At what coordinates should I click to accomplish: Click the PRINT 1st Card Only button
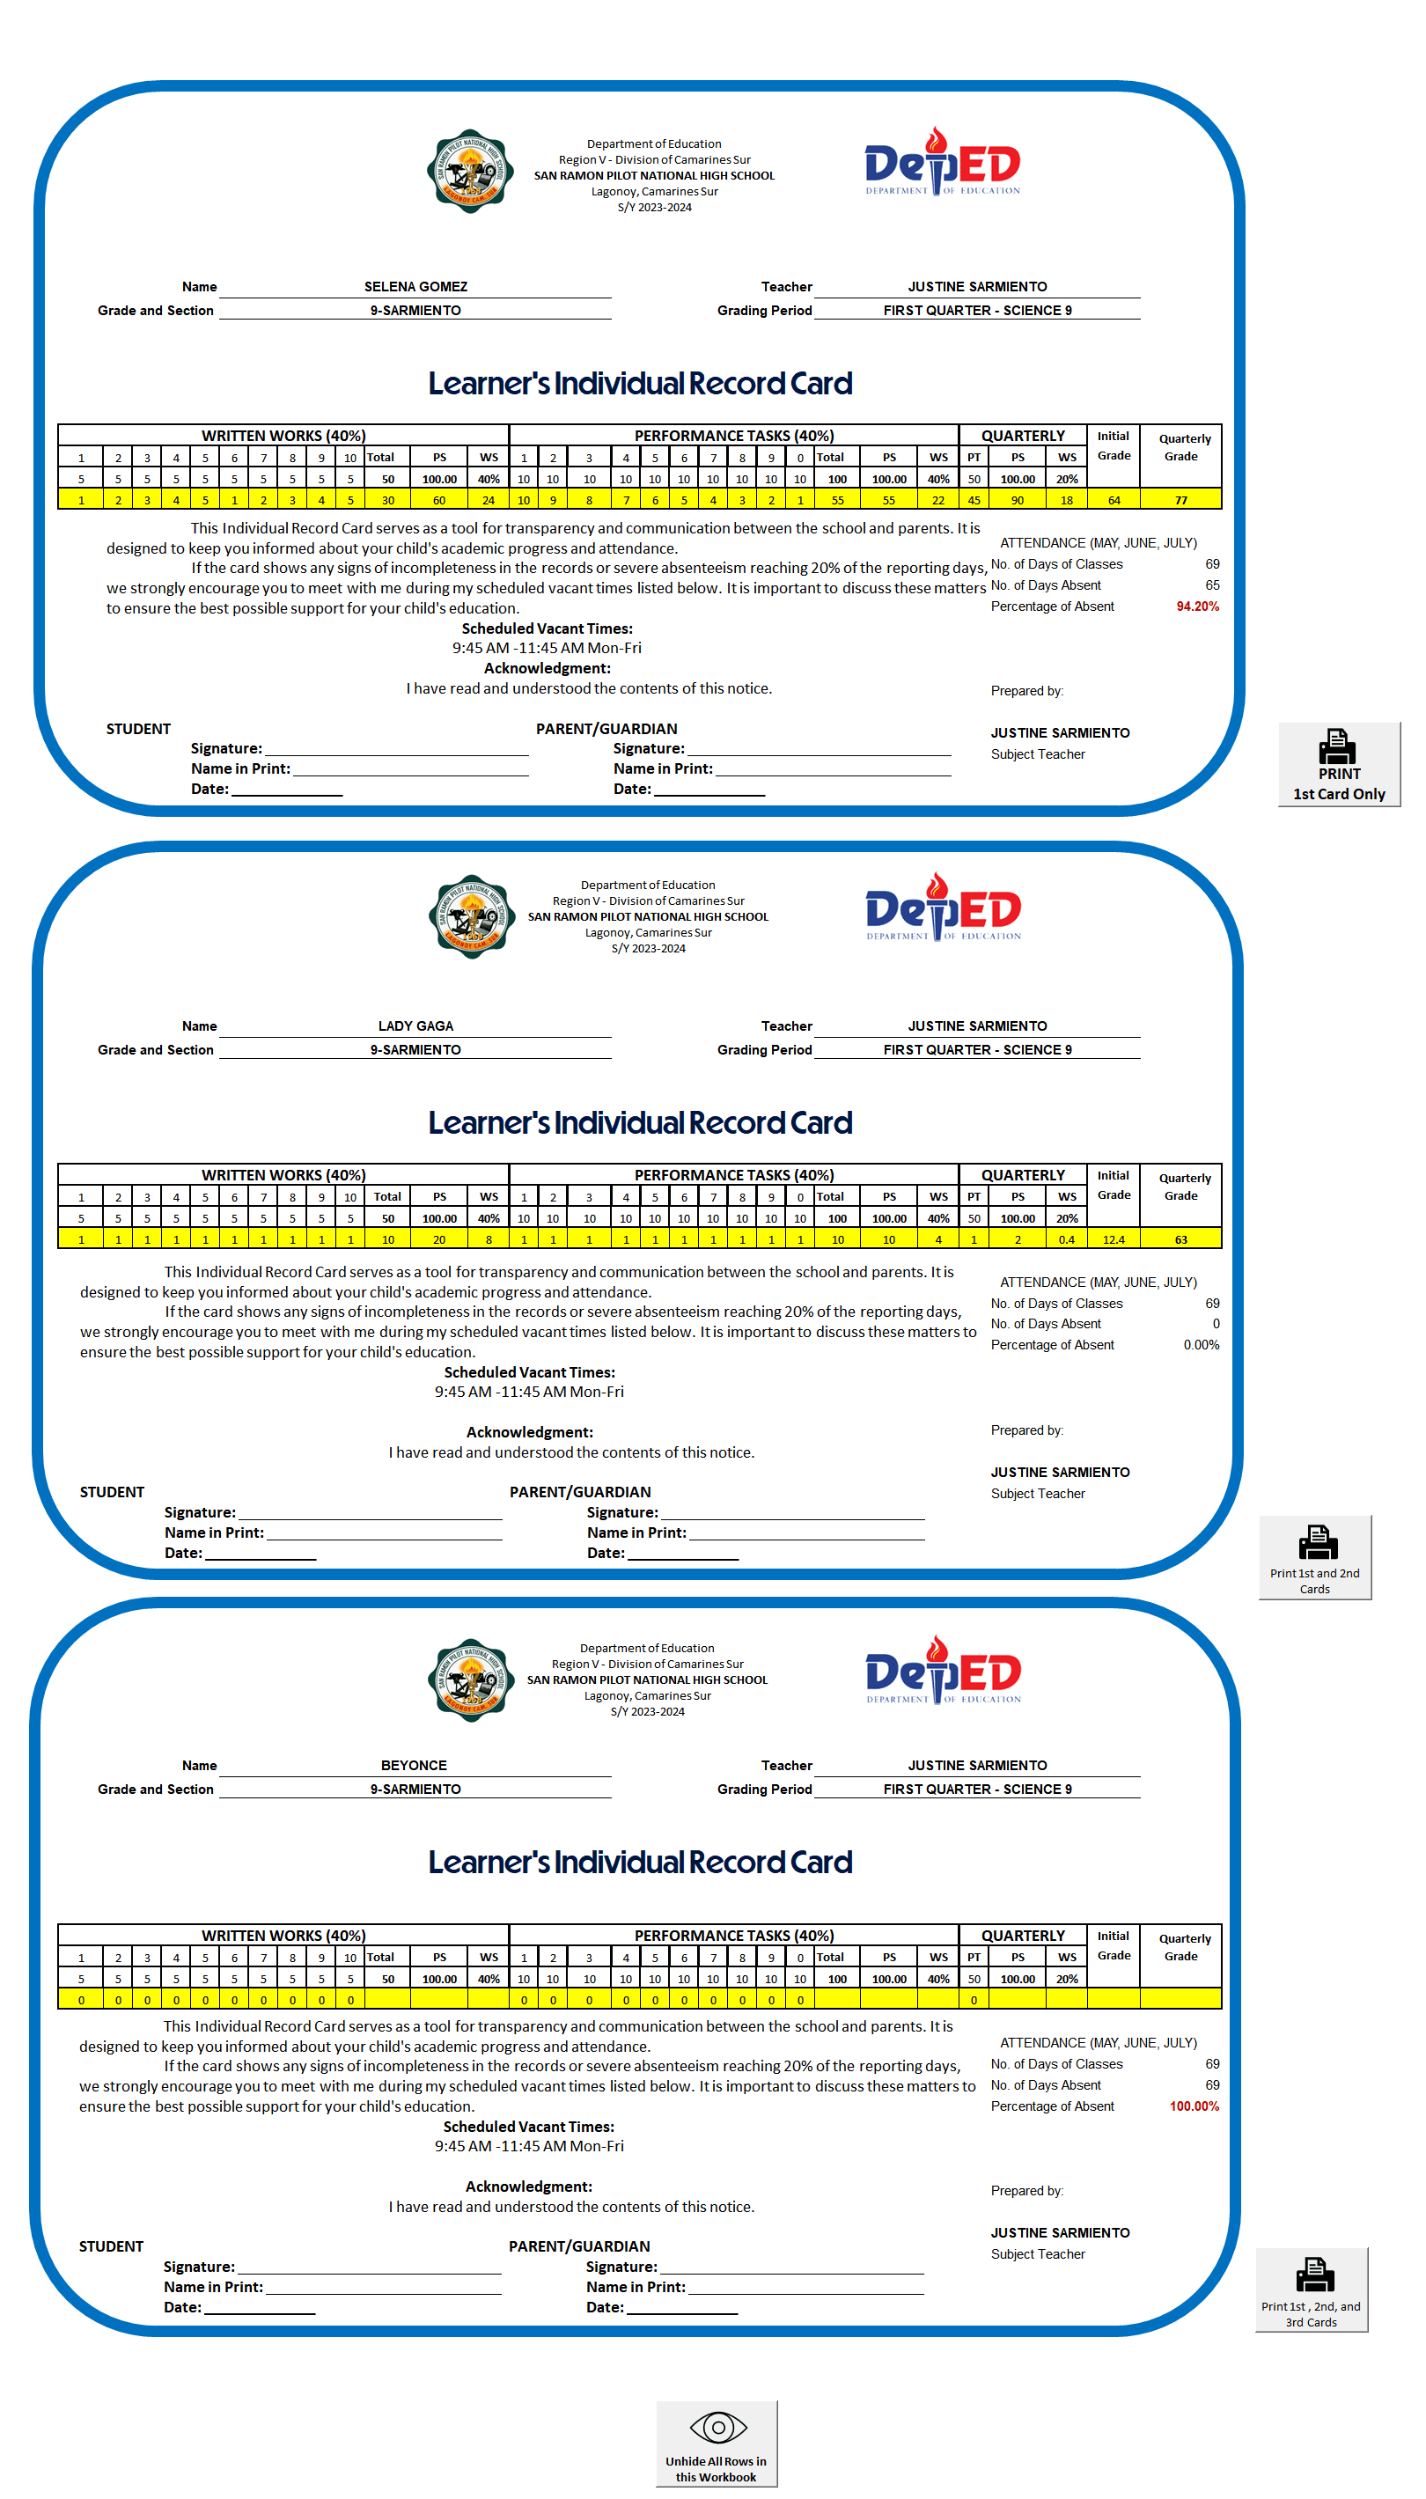(x=1338, y=765)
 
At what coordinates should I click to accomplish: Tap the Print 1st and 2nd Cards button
(x=1314, y=1557)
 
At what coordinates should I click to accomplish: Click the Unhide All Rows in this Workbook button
(x=716, y=2444)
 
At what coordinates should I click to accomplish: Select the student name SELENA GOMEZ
(x=415, y=287)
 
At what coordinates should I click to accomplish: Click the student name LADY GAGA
(x=415, y=1026)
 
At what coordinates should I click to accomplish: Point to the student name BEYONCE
(x=414, y=1766)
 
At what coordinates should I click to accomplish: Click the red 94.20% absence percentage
(x=1197, y=607)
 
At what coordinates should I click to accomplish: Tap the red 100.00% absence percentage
(x=1194, y=2106)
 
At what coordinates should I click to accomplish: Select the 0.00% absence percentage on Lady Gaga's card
(x=1201, y=1346)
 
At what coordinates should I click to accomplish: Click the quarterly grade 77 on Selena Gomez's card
(x=1181, y=500)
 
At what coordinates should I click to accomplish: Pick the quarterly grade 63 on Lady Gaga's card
(x=1181, y=1239)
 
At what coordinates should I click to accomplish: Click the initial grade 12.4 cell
(x=1114, y=1239)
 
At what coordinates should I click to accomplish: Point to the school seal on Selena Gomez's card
(x=471, y=172)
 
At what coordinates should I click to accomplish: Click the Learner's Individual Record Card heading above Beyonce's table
(x=640, y=1863)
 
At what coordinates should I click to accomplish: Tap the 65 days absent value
(x=1211, y=585)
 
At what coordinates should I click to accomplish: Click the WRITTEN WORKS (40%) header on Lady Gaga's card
(x=283, y=1175)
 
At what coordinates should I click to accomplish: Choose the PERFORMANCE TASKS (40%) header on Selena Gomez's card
(x=733, y=436)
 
